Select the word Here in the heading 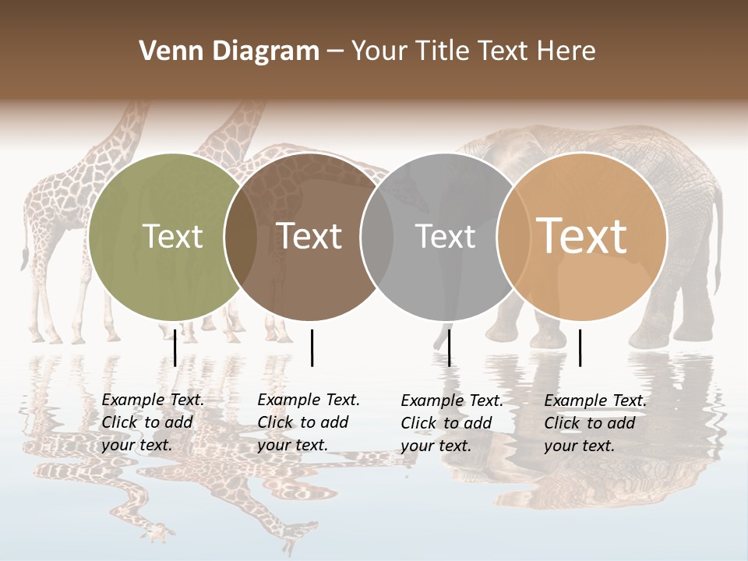point(566,51)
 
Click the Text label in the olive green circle point(172,236)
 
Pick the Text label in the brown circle point(309,236)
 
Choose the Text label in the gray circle point(446,236)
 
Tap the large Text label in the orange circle point(582,236)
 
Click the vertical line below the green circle point(175,348)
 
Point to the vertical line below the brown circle point(312,348)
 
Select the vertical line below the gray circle point(449,348)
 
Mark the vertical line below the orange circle point(580,348)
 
